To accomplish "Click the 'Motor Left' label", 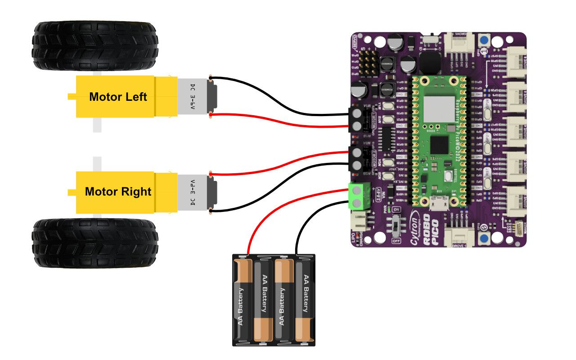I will (118, 97).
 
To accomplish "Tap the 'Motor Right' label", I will (118, 192).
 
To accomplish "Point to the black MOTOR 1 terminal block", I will (357, 119).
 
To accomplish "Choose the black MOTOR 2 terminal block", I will (357, 159).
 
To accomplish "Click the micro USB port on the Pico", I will (436, 205).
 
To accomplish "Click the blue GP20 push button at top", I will (485, 40).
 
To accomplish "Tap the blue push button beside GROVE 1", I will (485, 237).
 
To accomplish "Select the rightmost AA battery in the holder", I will (306, 301).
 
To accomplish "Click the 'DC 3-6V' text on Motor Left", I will (193, 96).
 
